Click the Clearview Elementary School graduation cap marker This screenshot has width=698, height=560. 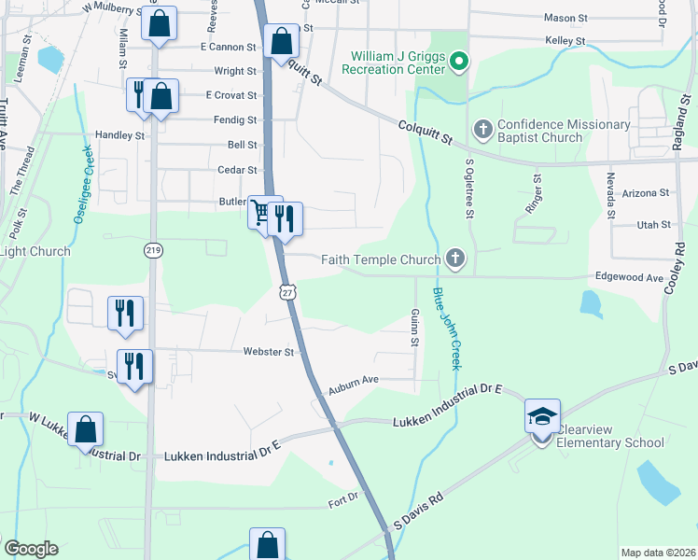(541, 415)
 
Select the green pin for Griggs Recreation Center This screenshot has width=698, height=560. (458, 63)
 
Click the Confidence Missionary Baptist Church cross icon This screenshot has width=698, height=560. (483, 128)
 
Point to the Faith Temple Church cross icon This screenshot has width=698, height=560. (454, 259)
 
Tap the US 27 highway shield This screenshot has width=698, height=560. (288, 292)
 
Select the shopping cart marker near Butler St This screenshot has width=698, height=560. (261, 213)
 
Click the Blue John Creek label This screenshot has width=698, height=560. (445, 329)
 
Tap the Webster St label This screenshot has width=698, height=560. (269, 352)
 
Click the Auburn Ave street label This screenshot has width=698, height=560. (352, 380)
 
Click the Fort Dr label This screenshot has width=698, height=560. (343, 499)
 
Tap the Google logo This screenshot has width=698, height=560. (31, 549)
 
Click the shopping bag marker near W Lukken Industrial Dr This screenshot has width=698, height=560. (85, 430)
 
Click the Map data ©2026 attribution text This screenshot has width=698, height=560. (657, 553)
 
